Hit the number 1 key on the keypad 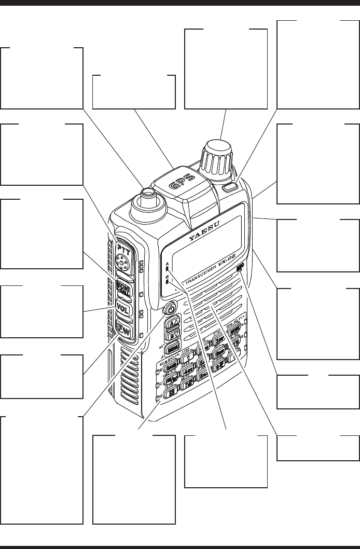click(188, 356)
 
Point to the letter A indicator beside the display click(168, 264)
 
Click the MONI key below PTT click(124, 287)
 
